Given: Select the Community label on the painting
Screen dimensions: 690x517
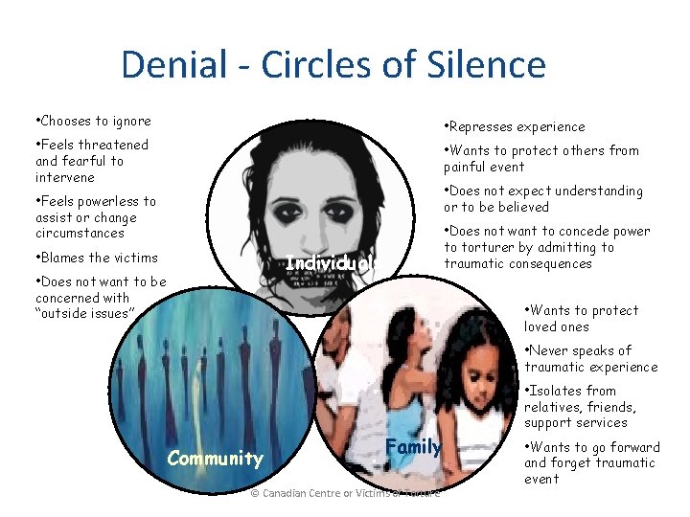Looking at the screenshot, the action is [215, 458].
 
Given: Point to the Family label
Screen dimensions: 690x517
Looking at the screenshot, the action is [413, 446].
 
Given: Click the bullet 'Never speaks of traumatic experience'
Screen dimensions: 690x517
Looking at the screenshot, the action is [589, 358].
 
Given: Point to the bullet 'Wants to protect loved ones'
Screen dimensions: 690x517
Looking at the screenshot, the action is [580, 318].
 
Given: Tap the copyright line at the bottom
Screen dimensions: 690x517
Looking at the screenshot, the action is [344, 493].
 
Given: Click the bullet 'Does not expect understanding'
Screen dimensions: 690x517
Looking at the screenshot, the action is [542, 198].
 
